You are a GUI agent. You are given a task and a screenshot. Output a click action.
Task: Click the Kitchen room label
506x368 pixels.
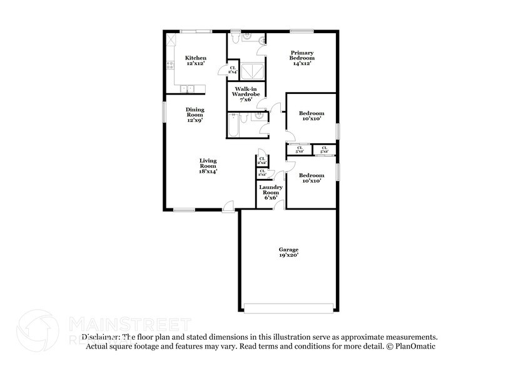195,61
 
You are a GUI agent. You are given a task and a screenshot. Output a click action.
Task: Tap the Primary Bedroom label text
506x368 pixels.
300,58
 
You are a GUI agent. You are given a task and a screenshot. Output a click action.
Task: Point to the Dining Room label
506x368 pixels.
195,115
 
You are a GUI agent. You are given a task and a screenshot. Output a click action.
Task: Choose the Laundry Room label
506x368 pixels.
271,192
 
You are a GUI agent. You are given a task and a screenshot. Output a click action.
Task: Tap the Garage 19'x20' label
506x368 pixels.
288,252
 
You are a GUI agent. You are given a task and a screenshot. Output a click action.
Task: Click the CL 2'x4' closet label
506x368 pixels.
233,70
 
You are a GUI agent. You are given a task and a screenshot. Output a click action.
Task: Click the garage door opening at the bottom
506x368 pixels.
288,309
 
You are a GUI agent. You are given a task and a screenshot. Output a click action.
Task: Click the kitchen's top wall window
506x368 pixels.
196,31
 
